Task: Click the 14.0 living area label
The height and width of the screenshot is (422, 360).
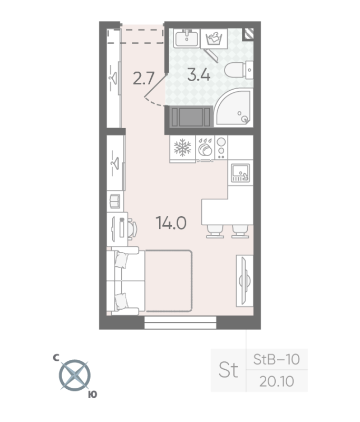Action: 171,223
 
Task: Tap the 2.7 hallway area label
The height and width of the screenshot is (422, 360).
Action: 144,79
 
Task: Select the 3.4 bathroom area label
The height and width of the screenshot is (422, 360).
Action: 199,74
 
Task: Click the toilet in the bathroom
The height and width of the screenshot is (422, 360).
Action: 239,70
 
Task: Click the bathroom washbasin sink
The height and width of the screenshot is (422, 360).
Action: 187,38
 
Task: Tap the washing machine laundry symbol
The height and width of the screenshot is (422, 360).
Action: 214,39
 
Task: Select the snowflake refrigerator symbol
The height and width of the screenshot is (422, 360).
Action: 182,148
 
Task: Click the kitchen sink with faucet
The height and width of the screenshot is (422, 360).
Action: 240,173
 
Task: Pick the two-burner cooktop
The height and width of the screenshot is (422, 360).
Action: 221,148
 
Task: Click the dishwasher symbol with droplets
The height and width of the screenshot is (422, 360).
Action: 205,148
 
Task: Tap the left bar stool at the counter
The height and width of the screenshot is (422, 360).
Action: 215,232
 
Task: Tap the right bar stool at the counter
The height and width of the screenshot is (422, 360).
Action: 240,232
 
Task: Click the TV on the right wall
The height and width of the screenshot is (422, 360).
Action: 245,281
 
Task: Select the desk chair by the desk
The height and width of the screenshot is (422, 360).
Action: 132,229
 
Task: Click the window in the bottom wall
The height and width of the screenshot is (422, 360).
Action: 180,323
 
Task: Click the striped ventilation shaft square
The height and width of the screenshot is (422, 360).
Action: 248,34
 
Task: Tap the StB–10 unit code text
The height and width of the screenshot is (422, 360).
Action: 276,359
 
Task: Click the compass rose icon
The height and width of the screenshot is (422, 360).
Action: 74,375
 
